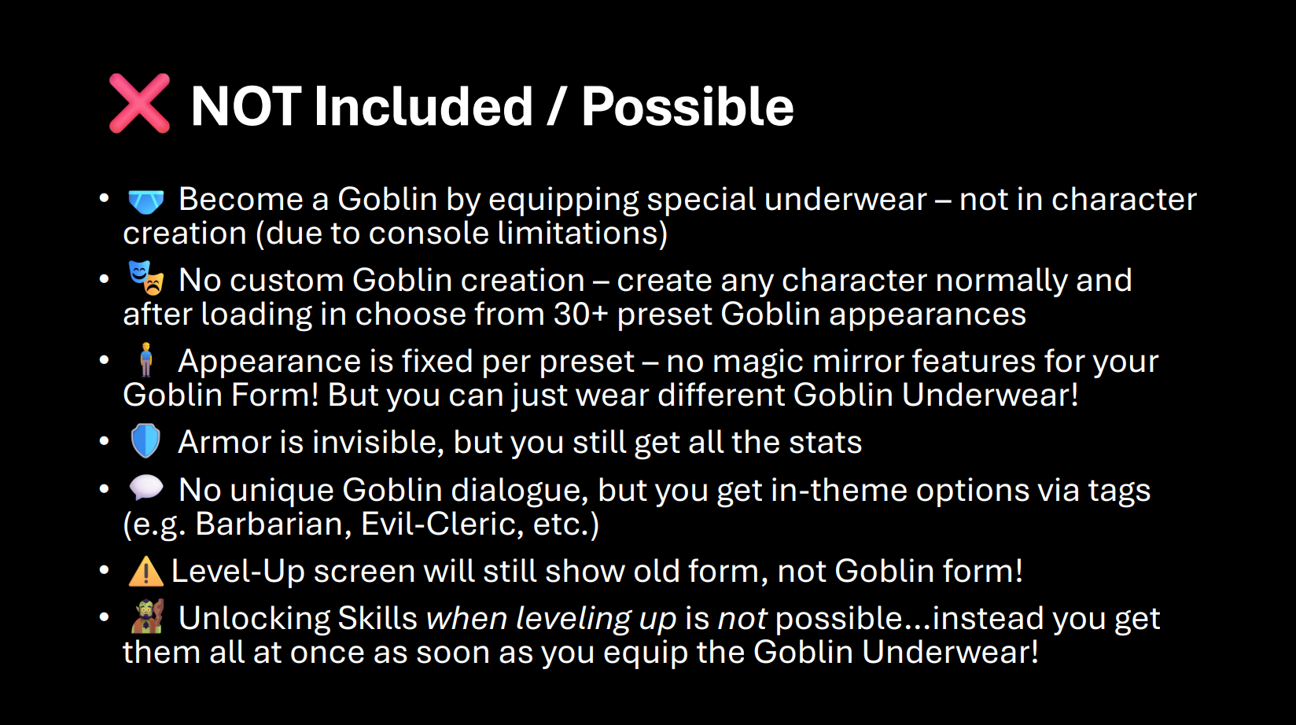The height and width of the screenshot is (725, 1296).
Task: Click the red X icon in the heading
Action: [139, 104]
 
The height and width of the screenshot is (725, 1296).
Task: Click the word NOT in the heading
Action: [246, 106]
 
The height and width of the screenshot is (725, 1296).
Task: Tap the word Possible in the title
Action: [687, 106]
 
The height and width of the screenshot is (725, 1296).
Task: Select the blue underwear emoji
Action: [145, 201]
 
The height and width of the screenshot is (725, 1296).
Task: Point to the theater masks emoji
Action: [145, 278]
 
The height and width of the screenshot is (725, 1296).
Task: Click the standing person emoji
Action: [145, 360]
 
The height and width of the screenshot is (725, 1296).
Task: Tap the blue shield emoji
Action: [145, 441]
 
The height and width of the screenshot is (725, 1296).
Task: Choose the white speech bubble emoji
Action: [145, 488]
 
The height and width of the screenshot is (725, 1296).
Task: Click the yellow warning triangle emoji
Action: [145, 571]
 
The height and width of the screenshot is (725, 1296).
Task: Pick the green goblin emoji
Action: [147, 616]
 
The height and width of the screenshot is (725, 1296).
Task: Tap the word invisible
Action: [377, 443]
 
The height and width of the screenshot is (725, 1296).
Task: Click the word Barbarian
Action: [274, 524]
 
